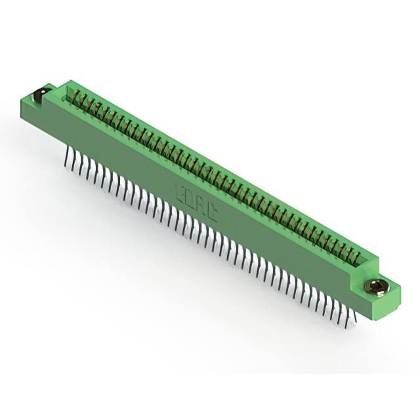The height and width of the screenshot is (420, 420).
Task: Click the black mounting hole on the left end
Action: coord(40,96)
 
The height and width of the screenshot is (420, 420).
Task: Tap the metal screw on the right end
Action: coord(377,287)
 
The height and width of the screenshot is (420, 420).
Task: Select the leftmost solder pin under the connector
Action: coord(68,159)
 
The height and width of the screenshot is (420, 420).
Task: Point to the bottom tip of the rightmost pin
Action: coord(355,322)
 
